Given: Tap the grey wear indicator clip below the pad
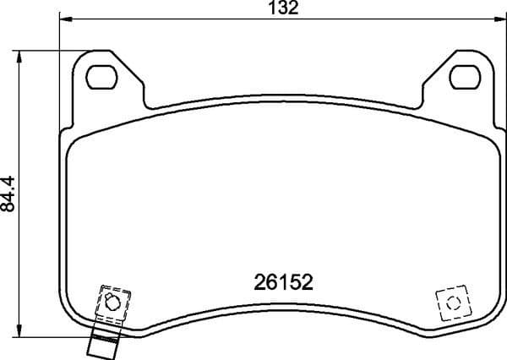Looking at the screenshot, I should tap(102, 341).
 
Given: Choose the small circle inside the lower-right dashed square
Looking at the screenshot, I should tap(451, 302).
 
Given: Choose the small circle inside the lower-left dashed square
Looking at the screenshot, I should tap(110, 302).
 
